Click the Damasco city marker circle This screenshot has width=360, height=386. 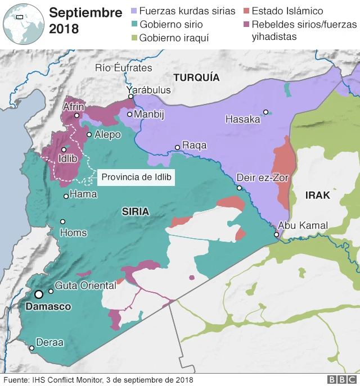coord(39,294)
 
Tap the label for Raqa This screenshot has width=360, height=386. coord(195,146)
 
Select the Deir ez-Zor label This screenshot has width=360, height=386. coord(263,177)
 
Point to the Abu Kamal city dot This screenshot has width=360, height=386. coord(276,234)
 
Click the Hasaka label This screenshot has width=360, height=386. coord(242,119)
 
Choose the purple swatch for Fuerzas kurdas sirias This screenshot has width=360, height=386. coord(133,11)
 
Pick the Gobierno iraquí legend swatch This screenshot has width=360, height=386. coord(133,38)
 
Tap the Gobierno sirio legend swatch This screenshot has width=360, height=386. coord(133,25)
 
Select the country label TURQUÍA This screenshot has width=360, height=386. coord(196,78)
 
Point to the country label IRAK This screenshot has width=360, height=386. coord(317,196)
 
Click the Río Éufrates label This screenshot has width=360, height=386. coord(124,67)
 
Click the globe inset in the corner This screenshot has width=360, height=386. coord(22,22)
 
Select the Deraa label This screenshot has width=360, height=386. coord(50,342)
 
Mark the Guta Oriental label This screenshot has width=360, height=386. coord(85,285)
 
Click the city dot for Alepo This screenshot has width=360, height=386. coord(89,134)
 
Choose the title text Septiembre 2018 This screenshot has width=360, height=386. coord(85,20)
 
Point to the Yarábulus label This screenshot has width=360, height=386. coord(148,90)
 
